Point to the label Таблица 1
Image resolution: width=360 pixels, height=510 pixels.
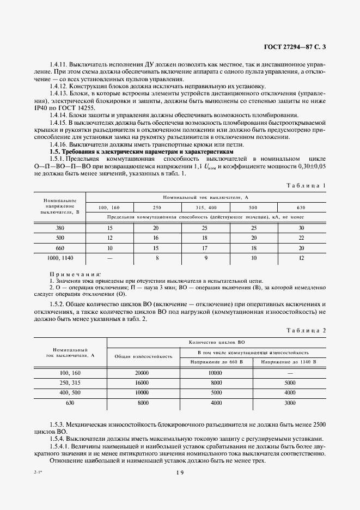(306, 185)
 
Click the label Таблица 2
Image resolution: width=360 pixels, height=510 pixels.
(306, 330)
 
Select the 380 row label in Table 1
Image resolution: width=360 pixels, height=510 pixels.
(60, 228)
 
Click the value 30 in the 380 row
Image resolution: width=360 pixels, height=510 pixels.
(301, 228)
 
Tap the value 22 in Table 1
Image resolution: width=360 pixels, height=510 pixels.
(301, 238)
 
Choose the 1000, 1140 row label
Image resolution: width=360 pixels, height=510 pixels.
(60, 258)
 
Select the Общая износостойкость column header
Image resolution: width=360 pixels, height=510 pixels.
(143, 356)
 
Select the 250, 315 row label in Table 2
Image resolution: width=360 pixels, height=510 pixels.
(70, 383)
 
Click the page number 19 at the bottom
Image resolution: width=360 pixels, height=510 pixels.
(180, 473)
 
